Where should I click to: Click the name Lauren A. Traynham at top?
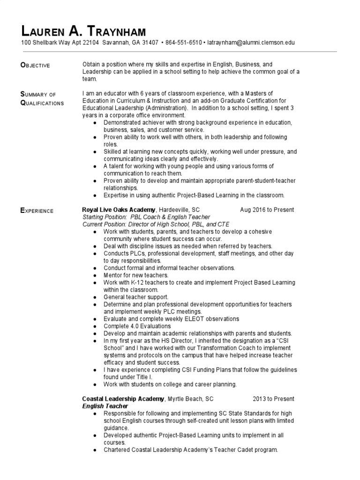click(x=84, y=31)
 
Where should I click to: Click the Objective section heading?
click(x=36, y=65)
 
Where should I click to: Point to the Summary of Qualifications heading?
click(x=42, y=98)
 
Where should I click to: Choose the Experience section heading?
click(x=37, y=211)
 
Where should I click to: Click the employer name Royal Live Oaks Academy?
click(x=119, y=210)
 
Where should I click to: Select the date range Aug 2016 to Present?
click(x=267, y=210)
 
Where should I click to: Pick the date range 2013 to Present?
click(x=273, y=399)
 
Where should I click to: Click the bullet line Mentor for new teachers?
click(x=135, y=275)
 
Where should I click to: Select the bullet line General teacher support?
click(x=136, y=297)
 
